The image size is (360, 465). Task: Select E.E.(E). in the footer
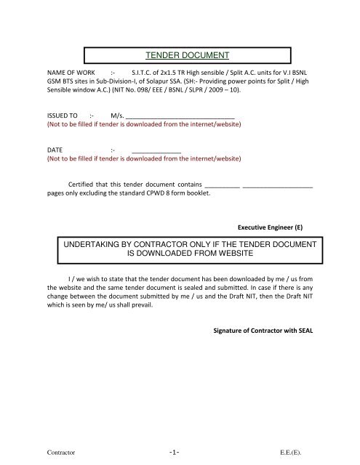(298, 451)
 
